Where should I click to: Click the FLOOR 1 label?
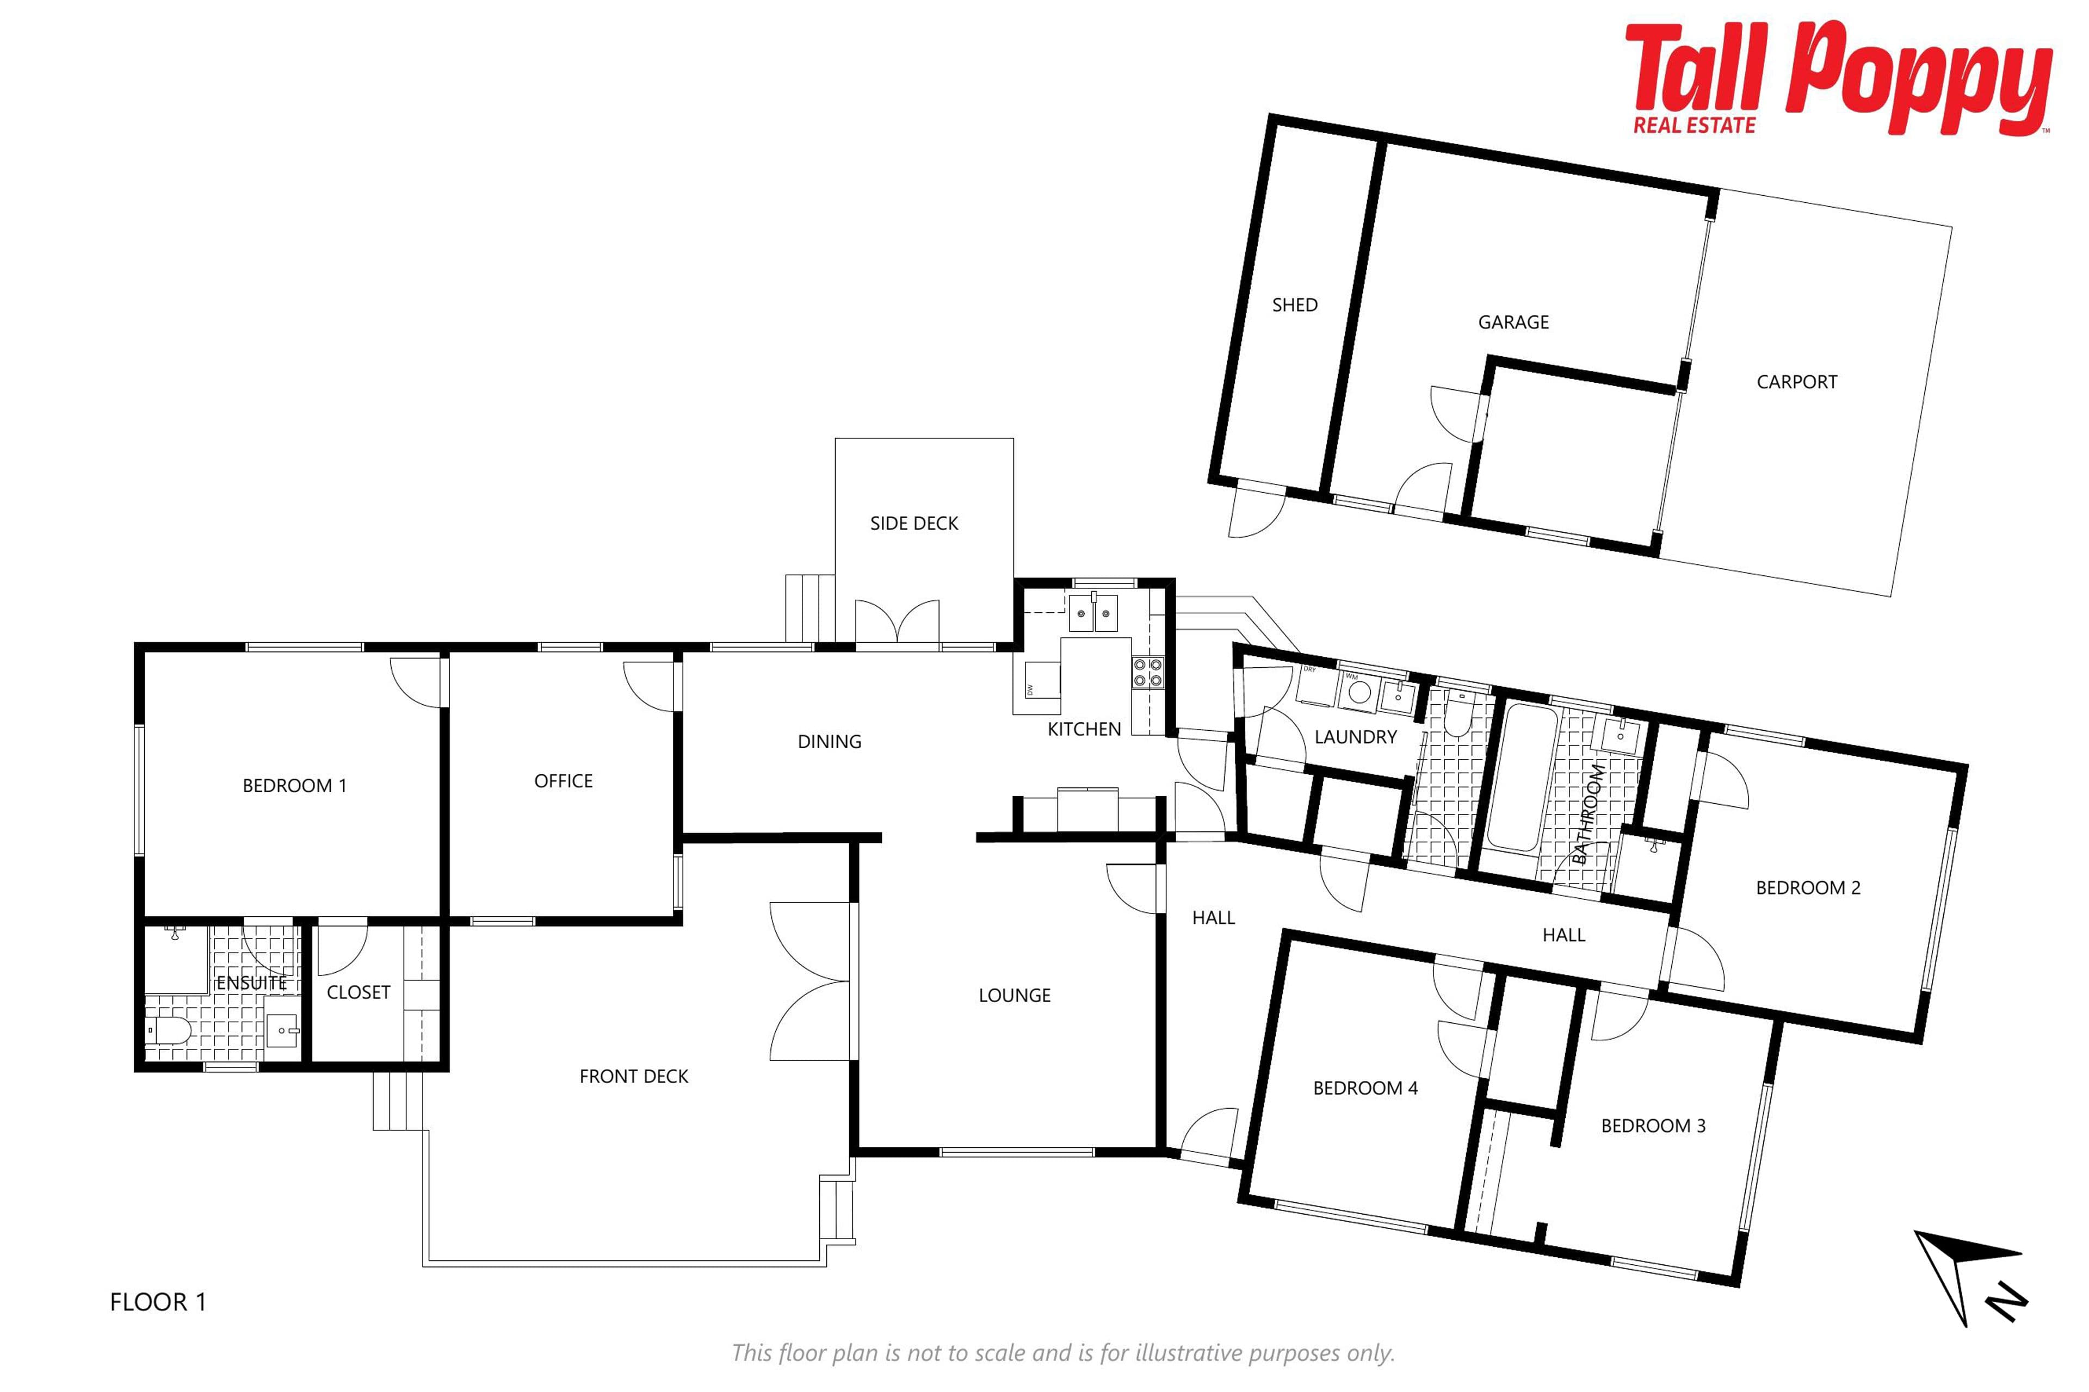[158, 1302]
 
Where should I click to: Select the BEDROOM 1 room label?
[294, 786]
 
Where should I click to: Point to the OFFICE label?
[563, 781]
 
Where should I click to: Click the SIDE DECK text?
[914, 524]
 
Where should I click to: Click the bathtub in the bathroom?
[1522, 775]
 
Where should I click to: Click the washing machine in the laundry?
[1356, 692]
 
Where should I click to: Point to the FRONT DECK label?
[633, 1077]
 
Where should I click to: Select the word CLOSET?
[358, 992]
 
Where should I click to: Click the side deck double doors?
[897, 622]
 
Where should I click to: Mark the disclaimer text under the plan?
[1062, 1353]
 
